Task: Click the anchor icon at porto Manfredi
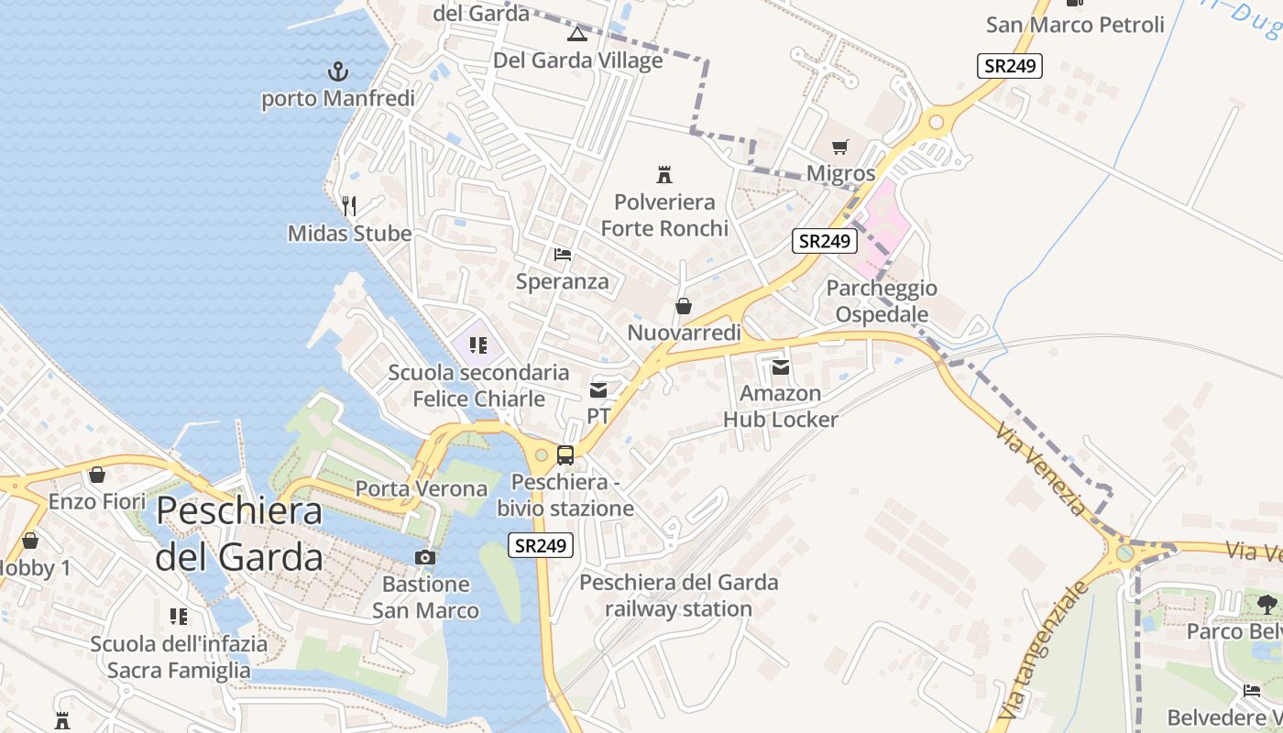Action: coord(338,71)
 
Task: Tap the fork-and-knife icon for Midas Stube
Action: coord(348,205)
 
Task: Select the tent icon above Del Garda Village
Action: coord(576,35)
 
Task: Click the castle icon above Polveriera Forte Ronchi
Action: coord(664,174)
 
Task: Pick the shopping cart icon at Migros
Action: coord(840,147)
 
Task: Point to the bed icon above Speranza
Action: coord(563,254)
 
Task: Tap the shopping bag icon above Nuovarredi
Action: coord(683,306)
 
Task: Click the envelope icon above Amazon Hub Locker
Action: coord(780,367)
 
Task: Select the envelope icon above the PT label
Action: coord(598,390)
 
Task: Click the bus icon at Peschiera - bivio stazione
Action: coord(565,455)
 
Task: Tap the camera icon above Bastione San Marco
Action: coord(424,557)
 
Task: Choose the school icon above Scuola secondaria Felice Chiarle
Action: coord(477,345)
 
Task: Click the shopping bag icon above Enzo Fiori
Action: coord(97,475)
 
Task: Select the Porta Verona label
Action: coord(422,488)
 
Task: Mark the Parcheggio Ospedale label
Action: coord(882,301)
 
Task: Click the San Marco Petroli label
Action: coord(1075,25)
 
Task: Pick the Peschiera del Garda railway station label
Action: coord(678,595)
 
